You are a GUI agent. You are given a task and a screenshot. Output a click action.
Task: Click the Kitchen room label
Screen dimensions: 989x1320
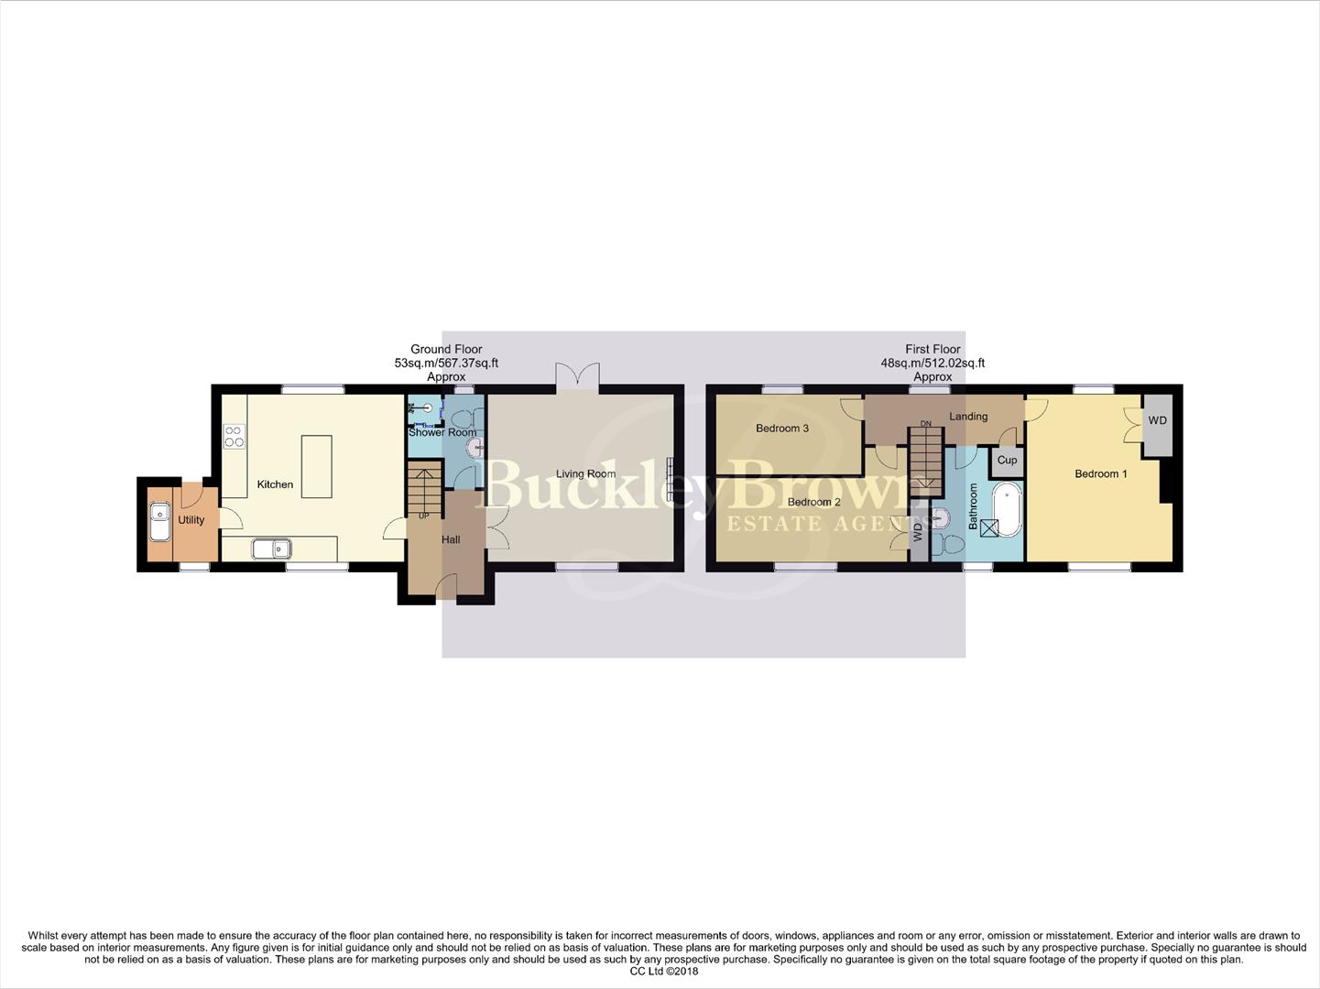tap(275, 484)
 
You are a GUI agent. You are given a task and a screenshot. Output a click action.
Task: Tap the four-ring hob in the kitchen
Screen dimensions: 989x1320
tap(235, 437)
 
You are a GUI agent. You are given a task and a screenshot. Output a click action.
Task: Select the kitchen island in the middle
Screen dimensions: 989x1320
tap(316, 466)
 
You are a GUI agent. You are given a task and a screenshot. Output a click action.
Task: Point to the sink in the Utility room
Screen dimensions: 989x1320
tap(159, 522)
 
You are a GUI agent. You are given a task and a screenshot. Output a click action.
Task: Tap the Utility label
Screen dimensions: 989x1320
tap(191, 520)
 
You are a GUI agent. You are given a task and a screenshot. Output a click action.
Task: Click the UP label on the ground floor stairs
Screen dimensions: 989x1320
tap(423, 516)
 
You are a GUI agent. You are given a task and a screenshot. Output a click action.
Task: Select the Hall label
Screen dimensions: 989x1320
tap(451, 540)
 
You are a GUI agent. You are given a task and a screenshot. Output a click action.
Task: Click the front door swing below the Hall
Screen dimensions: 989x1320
tap(449, 585)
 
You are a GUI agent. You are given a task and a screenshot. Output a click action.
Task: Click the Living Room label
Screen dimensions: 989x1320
tap(585, 474)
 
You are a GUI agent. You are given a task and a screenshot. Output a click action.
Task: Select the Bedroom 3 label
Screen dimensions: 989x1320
tap(781, 429)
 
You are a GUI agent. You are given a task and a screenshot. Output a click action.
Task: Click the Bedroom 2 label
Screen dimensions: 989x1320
tap(813, 502)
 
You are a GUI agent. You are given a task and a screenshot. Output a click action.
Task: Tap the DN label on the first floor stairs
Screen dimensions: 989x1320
tap(926, 424)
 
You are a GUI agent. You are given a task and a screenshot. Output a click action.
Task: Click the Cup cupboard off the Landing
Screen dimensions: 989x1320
tap(1007, 461)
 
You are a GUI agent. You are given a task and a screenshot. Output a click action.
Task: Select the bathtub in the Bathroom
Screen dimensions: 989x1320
tap(1009, 508)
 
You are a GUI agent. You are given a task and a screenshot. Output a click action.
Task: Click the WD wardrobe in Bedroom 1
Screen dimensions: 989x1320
tap(1157, 421)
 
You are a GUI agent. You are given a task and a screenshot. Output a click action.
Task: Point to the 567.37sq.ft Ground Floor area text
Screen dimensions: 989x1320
tap(446, 364)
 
